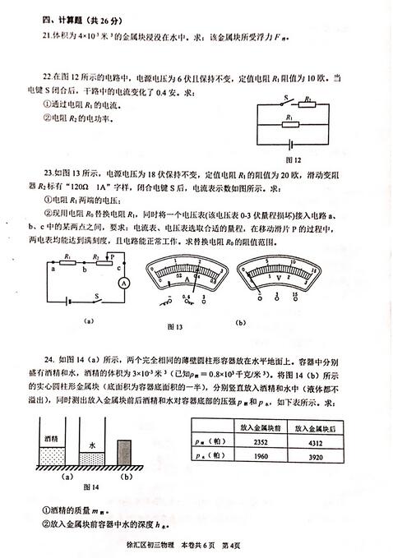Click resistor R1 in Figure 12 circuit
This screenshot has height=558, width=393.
pyautogui.click(x=292, y=122)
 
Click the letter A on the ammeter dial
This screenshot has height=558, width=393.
pyautogui.click(x=187, y=283)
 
